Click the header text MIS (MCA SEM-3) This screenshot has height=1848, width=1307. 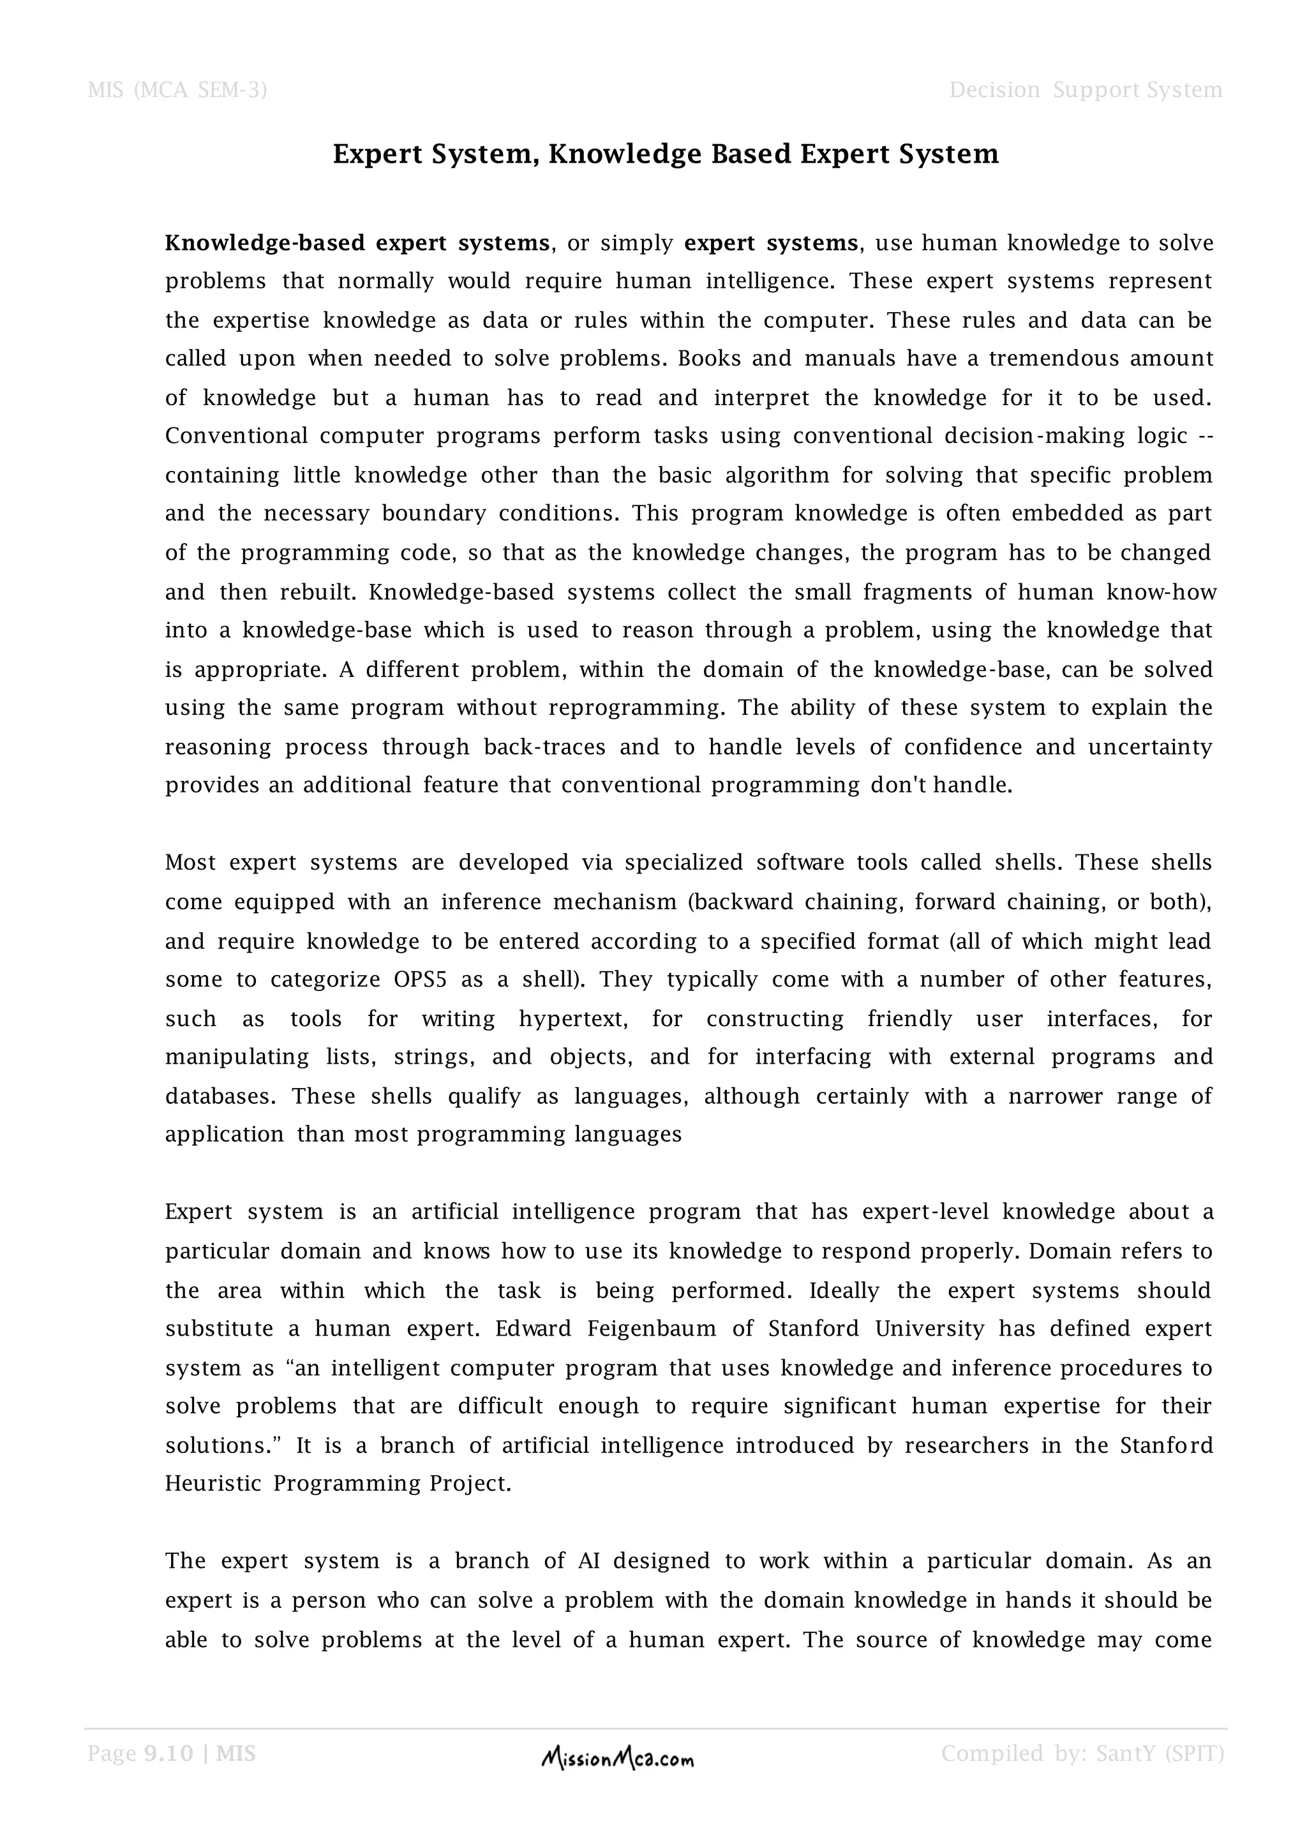pos(177,89)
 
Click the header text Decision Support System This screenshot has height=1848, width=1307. pos(1085,89)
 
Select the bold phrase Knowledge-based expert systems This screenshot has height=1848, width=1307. pos(357,243)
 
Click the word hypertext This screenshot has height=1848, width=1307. pos(572,1019)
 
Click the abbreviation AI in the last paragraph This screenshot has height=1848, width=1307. pos(588,1561)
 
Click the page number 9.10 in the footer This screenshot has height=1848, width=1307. pos(168,1753)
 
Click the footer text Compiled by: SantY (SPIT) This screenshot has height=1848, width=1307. pos(1082,1753)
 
